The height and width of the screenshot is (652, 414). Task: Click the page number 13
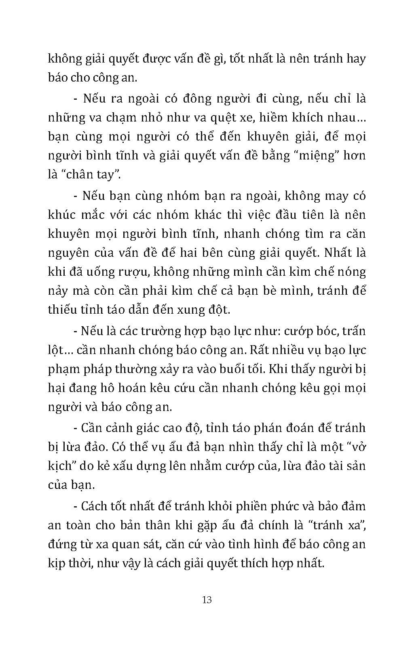pyautogui.click(x=207, y=600)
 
